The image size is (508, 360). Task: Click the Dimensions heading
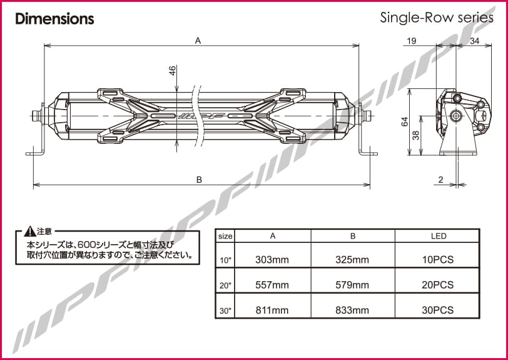pyautogui.click(x=54, y=19)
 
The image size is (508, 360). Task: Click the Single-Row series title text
pyautogui.click(x=436, y=18)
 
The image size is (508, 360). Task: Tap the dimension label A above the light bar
pyautogui.click(x=198, y=40)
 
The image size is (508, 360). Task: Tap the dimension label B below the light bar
pyautogui.click(x=199, y=180)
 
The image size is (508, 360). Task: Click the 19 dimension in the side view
pyautogui.click(x=411, y=41)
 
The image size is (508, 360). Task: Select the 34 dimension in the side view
pyautogui.click(x=474, y=41)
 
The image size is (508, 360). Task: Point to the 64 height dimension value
pyautogui.click(x=405, y=121)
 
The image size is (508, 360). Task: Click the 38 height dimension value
pyautogui.click(x=417, y=135)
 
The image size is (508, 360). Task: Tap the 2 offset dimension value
pyautogui.click(x=440, y=180)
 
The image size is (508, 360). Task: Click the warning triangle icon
pyautogui.click(x=28, y=231)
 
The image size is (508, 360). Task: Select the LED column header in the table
pyautogui.click(x=438, y=236)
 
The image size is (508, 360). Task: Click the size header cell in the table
pyautogui.click(x=225, y=237)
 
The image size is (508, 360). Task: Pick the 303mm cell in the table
pyautogui.click(x=272, y=259)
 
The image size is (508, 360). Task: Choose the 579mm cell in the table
pyautogui.click(x=353, y=285)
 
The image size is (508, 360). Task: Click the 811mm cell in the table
pyautogui.click(x=272, y=310)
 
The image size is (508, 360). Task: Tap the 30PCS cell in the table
pyautogui.click(x=438, y=310)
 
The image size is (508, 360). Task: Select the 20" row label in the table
pyautogui.click(x=225, y=285)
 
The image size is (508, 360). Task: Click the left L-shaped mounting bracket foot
pyautogui.click(x=35, y=153)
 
